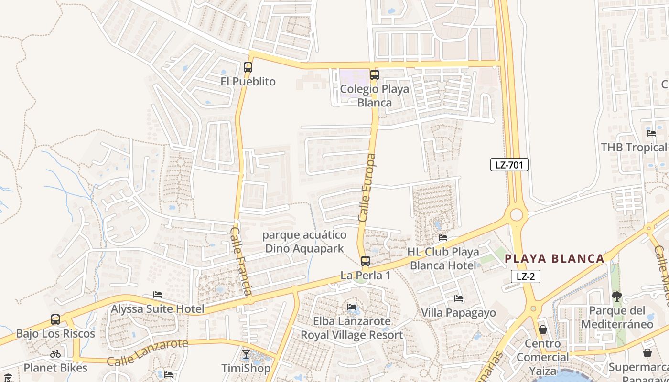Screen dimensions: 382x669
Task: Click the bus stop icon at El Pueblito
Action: pos(248,67)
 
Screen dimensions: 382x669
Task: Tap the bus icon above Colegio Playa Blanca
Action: pos(374,75)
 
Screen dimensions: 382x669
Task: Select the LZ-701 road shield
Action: pos(509,165)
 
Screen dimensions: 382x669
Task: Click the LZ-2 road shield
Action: pos(525,276)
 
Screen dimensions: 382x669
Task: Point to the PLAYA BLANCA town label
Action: pos(554,259)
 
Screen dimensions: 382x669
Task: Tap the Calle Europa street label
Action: pos(367,187)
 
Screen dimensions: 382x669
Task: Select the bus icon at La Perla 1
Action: pos(365,261)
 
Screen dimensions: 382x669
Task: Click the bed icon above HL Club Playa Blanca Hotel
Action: pos(443,238)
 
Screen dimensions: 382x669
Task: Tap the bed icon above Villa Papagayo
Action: pos(459,299)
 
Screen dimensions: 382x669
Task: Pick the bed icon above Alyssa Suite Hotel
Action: pos(158,295)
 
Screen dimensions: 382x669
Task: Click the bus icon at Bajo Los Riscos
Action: pos(55,319)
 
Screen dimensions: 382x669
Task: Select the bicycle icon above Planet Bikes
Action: pos(55,354)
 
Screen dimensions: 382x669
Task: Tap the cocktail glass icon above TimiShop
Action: pos(246,354)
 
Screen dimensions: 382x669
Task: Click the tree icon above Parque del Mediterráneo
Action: pos(617,297)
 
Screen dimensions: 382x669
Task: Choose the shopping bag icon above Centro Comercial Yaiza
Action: pos(542,329)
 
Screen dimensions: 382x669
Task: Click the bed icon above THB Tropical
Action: pos(651,133)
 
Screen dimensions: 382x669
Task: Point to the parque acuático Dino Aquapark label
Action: pos(304,242)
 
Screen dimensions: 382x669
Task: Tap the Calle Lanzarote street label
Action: pos(147,352)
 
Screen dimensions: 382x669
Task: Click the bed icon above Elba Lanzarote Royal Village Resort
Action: pos(352,307)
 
